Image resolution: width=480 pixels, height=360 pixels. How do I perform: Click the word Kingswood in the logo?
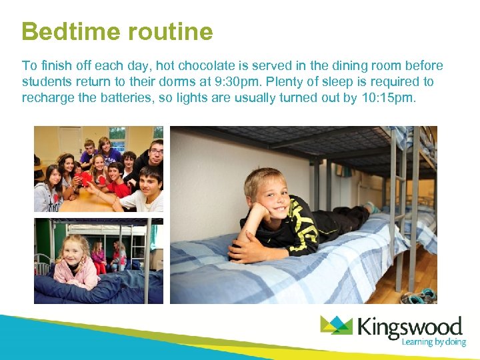point(409,327)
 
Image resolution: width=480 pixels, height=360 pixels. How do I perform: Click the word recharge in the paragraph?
point(48,99)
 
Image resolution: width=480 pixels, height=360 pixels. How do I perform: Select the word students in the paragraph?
point(46,82)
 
